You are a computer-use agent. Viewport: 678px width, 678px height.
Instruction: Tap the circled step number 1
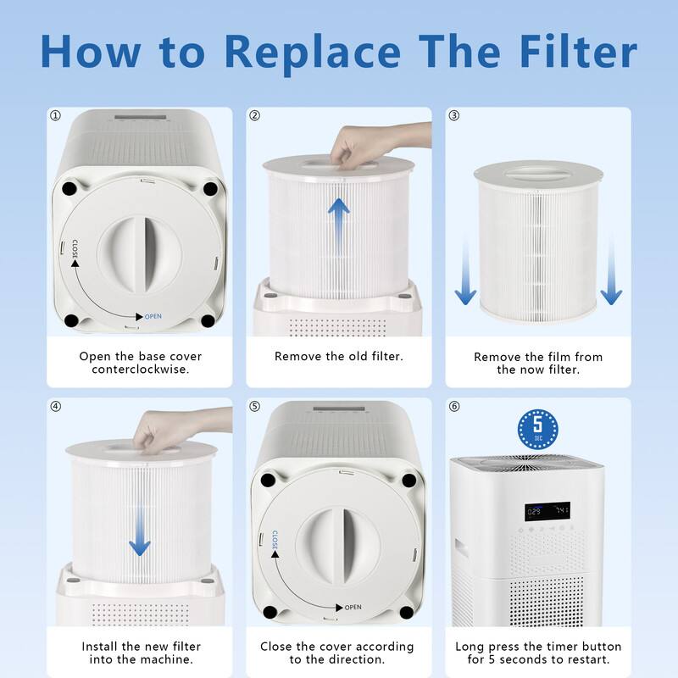[x=56, y=116]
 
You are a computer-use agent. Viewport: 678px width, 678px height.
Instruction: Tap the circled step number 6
[x=454, y=406]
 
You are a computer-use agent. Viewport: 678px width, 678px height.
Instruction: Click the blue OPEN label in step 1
[x=153, y=316]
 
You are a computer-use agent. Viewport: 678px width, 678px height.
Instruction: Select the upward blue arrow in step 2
[x=339, y=222]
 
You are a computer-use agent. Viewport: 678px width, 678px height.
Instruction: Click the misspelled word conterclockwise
[x=140, y=370]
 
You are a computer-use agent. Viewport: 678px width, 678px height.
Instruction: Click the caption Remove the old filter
[x=338, y=357]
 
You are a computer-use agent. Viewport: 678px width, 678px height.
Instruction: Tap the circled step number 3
[x=454, y=116]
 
